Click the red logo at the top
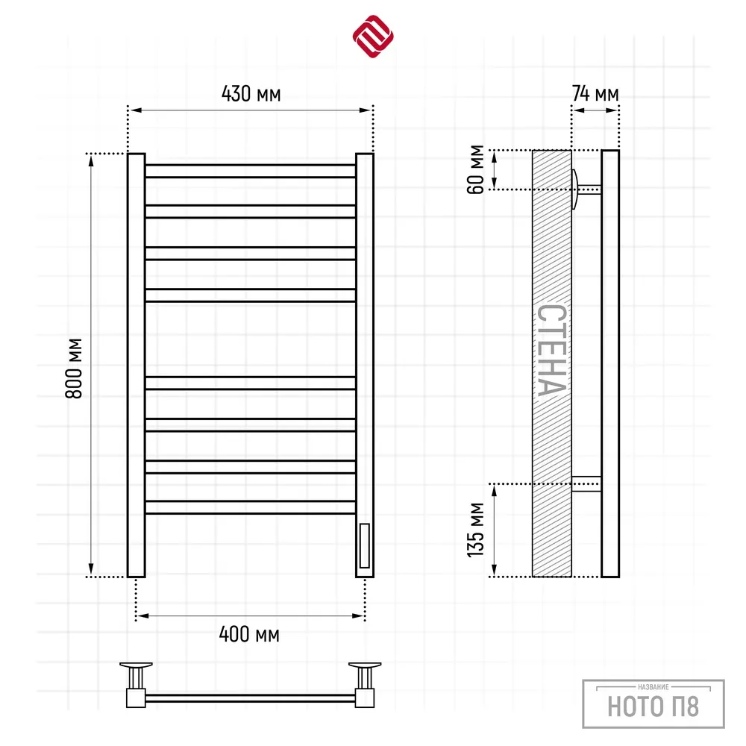373,36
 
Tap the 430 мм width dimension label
251,94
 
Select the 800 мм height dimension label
74,369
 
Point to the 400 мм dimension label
249,634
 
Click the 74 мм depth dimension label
595,94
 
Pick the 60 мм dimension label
475,169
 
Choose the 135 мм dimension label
475,530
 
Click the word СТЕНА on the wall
552,350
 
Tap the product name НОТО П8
653,706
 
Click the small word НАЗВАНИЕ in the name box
653,687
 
